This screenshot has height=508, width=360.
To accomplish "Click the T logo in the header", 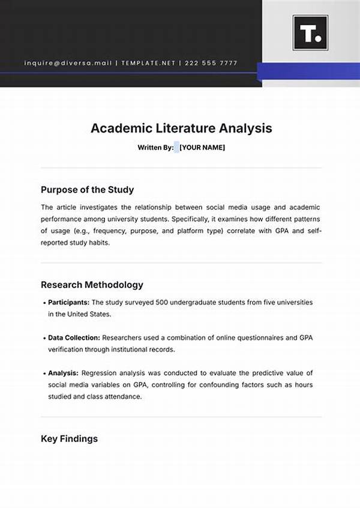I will pyautogui.click(x=310, y=33).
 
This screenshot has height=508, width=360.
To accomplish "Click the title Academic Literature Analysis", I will pyautogui.click(x=181, y=128).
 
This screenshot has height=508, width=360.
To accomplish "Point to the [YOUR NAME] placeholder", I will pyautogui.click(x=202, y=147).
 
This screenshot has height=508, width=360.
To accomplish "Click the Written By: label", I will pyautogui.click(x=155, y=147).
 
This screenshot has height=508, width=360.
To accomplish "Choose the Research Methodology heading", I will pyautogui.click(x=92, y=285).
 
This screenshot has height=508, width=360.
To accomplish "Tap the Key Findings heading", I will pyautogui.click(x=69, y=439).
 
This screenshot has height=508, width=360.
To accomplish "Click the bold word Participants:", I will pyautogui.click(x=68, y=303).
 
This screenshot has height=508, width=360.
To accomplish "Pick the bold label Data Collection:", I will pyautogui.click(x=74, y=338).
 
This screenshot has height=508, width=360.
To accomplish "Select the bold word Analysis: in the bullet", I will pyautogui.click(x=63, y=373).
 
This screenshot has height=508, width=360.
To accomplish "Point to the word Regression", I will pyautogui.click(x=100, y=373).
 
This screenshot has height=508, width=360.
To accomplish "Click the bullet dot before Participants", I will pyautogui.click(x=44, y=303).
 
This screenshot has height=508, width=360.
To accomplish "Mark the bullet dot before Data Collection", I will pyautogui.click(x=44, y=338).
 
